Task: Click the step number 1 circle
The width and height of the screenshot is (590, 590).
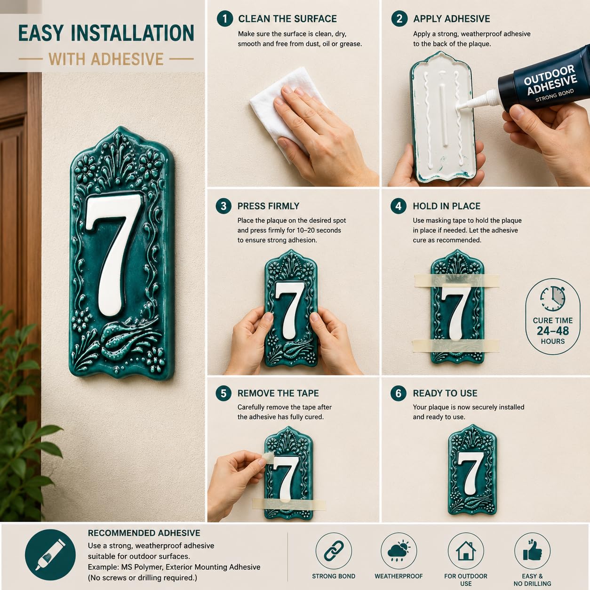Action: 225,19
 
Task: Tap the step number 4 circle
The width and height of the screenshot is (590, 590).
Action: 399,206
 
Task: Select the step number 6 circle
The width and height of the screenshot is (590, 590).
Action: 399,393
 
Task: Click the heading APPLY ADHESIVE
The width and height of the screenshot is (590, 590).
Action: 452,19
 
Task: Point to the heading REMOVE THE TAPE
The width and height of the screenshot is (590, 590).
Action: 278,393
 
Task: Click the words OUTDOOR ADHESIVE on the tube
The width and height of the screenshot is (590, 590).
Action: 550,80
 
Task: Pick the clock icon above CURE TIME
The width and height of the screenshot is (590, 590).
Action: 553,299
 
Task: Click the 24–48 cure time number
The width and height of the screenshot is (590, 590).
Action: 553,331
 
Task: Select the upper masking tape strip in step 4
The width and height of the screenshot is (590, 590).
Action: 456,280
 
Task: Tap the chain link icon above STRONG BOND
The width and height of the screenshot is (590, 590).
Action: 334,550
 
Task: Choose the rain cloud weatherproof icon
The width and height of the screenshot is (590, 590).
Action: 399,550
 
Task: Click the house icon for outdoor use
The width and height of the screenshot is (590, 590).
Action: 466,550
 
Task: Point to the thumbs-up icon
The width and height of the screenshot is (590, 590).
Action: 532,550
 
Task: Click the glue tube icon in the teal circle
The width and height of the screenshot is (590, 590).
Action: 50,555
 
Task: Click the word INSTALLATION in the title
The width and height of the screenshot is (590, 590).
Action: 132,33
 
